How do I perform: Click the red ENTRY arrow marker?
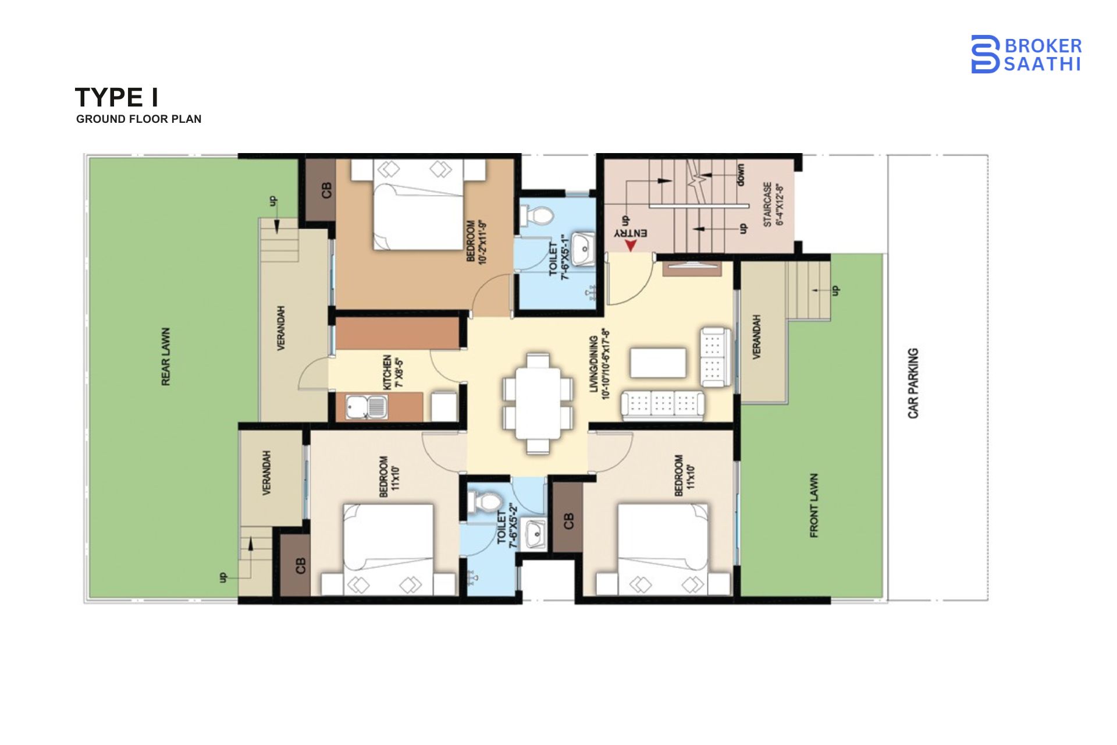(x=630, y=245)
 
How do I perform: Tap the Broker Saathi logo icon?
(x=985, y=54)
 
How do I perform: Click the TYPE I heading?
(x=117, y=97)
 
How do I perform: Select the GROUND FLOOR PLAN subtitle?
(x=138, y=119)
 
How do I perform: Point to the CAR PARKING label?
(x=913, y=383)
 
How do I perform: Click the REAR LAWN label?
(x=166, y=356)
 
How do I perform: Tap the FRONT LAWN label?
(x=814, y=505)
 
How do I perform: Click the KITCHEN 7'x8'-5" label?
(x=393, y=372)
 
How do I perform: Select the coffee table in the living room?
(x=658, y=363)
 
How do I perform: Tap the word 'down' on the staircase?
(x=740, y=175)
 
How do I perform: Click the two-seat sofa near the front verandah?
(x=714, y=357)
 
